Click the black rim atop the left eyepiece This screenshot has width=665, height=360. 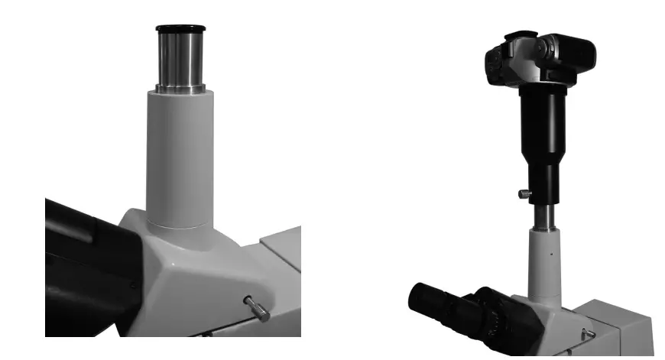[x=180, y=29]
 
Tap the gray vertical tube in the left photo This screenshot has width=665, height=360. [x=180, y=153]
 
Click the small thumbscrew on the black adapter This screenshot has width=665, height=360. [x=523, y=194]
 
